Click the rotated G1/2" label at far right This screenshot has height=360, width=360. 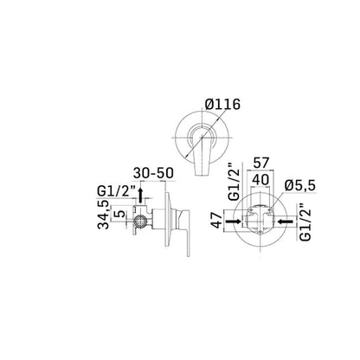[301, 222]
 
